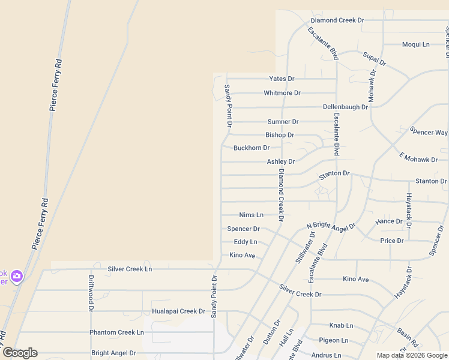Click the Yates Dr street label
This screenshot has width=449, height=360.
(282, 79)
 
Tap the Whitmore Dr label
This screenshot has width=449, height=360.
(282, 93)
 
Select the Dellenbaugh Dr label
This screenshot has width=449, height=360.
(345, 107)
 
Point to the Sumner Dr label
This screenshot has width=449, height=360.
(283, 122)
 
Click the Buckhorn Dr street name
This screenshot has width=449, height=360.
(252, 148)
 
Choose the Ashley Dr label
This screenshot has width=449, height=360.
(281, 162)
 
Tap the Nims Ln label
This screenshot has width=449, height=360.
(251, 215)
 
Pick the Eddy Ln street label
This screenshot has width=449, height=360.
(246, 242)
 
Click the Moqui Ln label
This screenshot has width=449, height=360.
(416, 44)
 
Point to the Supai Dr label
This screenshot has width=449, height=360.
(375, 59)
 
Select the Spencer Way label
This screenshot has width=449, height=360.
(429, 132)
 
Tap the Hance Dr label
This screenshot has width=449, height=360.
(389, 221)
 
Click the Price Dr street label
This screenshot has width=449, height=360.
(392, 241)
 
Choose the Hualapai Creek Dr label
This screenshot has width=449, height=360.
(179, 311)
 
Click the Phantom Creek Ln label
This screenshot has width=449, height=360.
(116, 332)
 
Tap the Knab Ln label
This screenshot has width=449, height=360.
(341, 325)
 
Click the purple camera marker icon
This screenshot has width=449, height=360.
(16, 276)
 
